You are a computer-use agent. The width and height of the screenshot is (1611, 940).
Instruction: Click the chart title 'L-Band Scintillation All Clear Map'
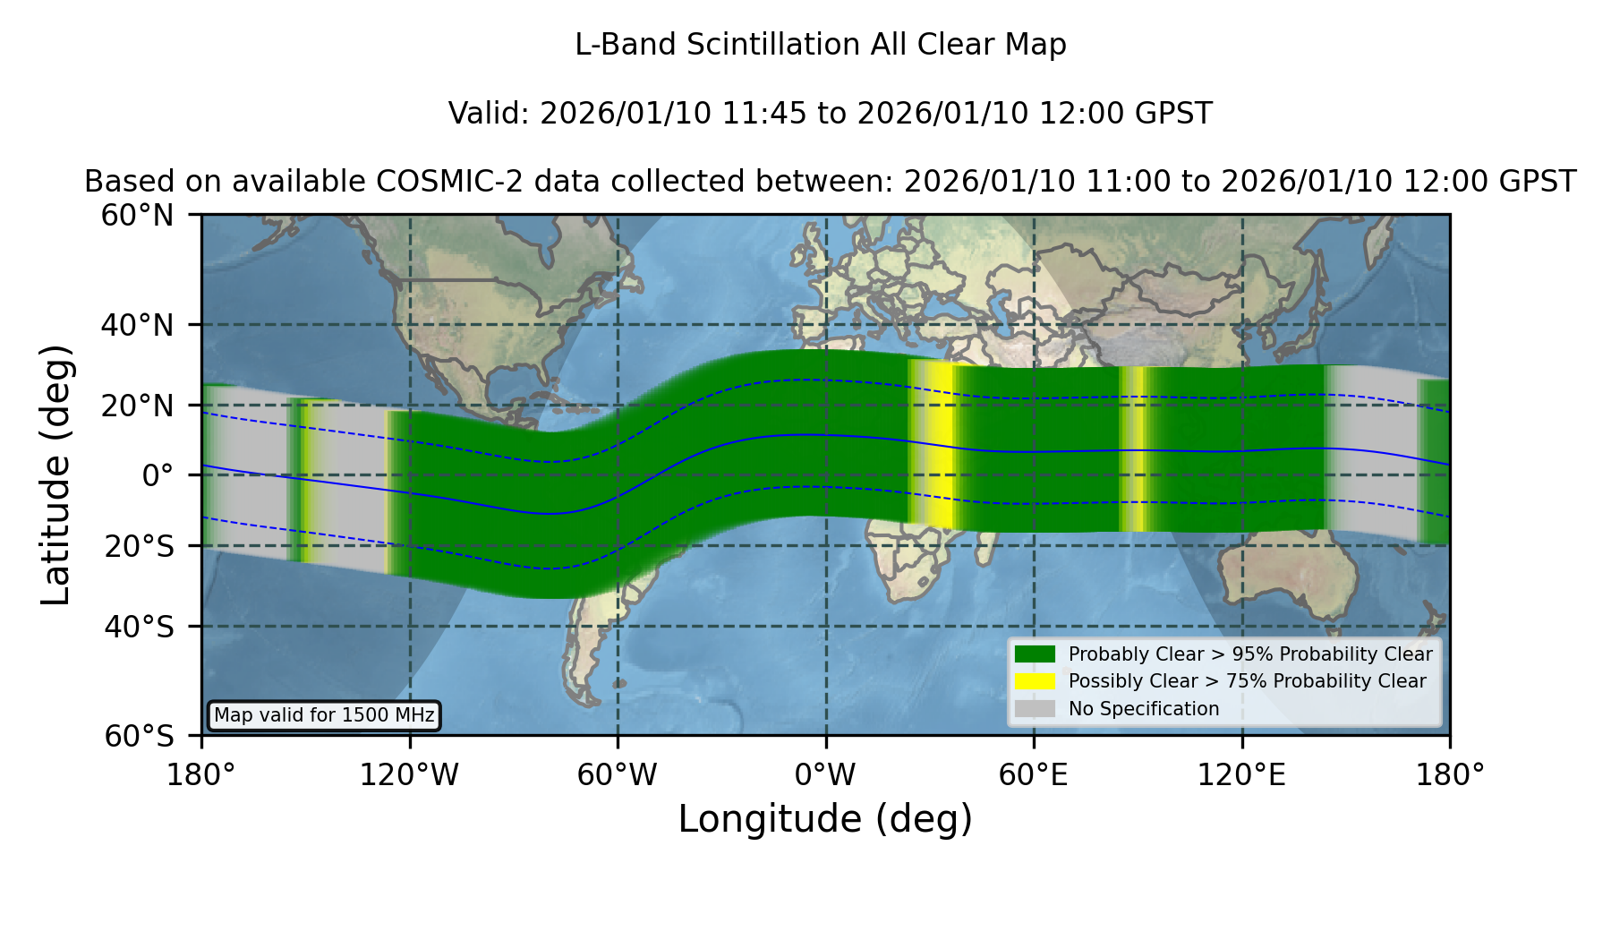click(820, 45)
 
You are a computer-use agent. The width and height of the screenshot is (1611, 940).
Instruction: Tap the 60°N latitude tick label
click(137, 216)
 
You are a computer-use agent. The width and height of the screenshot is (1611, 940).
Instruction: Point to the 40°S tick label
click(139, 627)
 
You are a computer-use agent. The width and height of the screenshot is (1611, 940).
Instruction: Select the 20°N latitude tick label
click(137, 406)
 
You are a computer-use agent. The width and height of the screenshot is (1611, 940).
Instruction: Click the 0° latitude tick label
click(158, 475)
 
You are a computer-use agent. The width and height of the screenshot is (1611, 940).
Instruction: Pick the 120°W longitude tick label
click(409, 775)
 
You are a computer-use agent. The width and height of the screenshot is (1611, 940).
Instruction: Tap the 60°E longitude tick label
click(1034, 775)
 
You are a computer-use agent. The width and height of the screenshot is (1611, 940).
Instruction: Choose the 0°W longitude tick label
click(825, 775)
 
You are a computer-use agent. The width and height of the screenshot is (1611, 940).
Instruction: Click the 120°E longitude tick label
click(1241, 775)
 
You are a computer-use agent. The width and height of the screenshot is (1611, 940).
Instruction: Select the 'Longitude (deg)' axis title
click(825, 819)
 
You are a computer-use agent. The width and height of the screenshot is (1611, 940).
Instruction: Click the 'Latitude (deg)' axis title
click(55, 474)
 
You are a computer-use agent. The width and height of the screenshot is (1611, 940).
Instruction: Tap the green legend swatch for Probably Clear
click(1036, 654)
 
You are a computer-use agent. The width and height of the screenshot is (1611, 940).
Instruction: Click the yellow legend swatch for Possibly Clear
click(1036, 681)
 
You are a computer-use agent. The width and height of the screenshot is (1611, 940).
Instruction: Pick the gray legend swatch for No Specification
click(1036, 709)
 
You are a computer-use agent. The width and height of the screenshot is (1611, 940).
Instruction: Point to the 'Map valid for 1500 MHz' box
click(324, 715)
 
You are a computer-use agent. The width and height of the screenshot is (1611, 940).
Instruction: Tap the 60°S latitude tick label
click(139, 736)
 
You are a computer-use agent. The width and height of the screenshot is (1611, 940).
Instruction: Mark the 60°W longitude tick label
click(617, 775)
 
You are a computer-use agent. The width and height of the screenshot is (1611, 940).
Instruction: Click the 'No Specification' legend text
click(1144, 709)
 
